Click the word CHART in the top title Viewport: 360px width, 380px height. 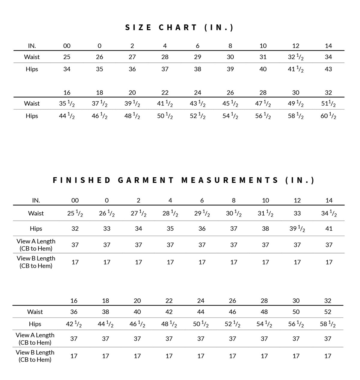pos(178,28)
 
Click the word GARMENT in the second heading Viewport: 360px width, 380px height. pos(146,180)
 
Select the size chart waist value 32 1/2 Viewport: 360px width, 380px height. pos(295,57)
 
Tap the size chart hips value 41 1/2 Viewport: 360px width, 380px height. pos(295,69)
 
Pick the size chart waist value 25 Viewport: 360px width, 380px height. pos(67,57)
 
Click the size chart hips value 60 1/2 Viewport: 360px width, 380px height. pos(328,116)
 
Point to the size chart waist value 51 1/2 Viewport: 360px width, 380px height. pos(328,104)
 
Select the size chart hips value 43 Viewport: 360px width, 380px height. pos(328,69)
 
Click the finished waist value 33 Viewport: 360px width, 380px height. pos(297,214)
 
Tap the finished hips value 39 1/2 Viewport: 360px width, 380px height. pos(297,229)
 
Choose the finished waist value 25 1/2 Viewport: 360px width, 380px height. pos(75,214)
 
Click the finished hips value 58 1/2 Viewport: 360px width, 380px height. pos(328,324)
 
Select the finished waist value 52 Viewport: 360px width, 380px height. pos(328,312)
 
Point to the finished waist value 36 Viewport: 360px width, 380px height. pos(74,312)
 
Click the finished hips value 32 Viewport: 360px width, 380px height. pos(75,229)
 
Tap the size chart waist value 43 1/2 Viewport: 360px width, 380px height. pos(197,104)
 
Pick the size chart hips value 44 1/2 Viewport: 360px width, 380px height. pos(67,116)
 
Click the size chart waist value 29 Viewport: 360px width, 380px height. pos(197,57)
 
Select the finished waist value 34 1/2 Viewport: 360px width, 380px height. pos(329,214)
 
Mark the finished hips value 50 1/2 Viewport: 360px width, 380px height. pos(201,324)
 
